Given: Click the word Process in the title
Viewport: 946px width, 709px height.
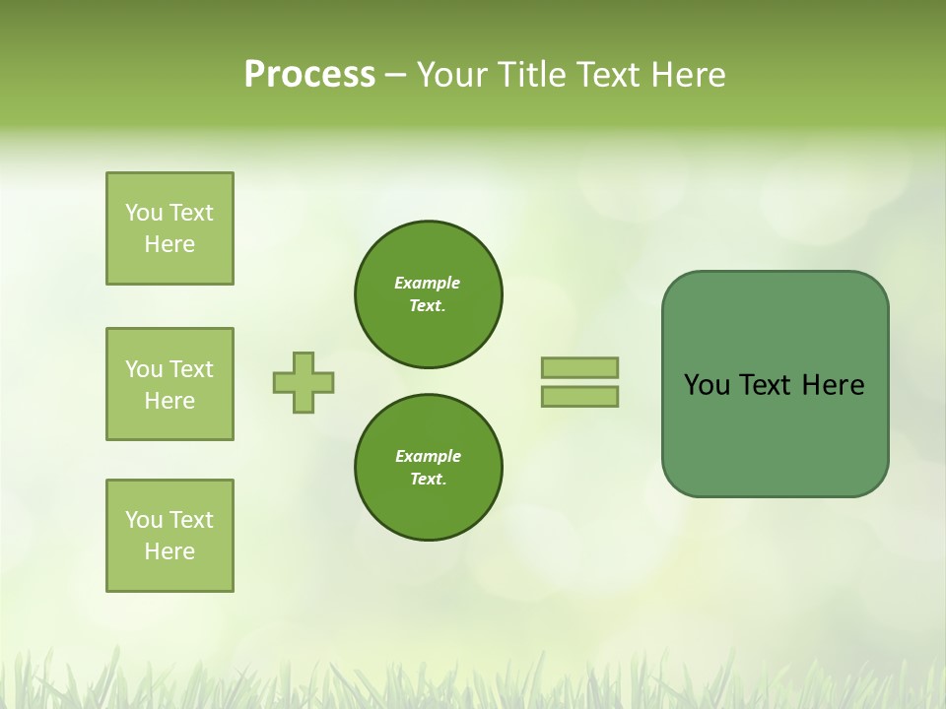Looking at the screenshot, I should pos(309,75).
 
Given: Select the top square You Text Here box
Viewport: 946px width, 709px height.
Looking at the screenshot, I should pos(169,228).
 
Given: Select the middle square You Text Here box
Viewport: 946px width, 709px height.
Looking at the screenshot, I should pos(169,384).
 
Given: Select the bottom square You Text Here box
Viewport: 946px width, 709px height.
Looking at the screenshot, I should pos(169,536).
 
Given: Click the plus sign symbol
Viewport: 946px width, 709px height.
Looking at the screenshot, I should pos(304,382).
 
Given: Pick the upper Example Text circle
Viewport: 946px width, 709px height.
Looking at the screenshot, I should pos(429,294).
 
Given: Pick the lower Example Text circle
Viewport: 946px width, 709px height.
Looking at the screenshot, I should pos(429,468).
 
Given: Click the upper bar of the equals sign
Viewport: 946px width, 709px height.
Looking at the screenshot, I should pos(579,367).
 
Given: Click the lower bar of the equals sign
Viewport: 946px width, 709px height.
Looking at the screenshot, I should pos(579,396).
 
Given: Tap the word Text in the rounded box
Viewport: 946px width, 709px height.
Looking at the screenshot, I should pos(766,385).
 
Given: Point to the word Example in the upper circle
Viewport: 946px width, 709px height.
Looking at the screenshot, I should pos(428,283).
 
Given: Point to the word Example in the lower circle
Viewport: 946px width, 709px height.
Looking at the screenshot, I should pos(428,456).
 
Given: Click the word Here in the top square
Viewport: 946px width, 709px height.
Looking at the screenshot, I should pos(169,244).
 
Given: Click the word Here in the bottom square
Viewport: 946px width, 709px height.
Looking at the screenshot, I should pos(169,551).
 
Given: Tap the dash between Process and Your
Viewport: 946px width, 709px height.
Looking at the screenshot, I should pos(395,75).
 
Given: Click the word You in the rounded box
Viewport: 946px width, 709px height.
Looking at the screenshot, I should pos(707,385).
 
